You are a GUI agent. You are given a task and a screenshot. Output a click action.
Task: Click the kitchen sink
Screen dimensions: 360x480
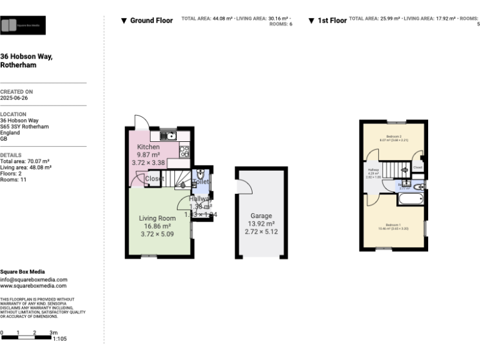169,135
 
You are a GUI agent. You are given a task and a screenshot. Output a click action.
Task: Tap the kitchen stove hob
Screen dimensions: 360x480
184,150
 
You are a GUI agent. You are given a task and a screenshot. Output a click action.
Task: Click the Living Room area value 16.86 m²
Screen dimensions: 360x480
157,226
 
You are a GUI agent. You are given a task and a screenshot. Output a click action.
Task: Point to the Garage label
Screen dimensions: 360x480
261,216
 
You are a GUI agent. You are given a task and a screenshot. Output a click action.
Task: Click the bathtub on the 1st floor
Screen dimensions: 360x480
411,199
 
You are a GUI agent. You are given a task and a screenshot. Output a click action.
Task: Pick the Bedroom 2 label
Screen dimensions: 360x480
393,136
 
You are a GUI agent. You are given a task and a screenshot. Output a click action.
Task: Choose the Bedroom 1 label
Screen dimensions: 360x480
392,224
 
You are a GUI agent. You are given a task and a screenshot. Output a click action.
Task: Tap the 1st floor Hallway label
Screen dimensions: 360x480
374,170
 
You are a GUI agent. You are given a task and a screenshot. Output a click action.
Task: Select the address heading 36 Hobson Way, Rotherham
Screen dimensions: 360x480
26,61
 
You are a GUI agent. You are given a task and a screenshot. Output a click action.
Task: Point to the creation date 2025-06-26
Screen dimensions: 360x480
14,98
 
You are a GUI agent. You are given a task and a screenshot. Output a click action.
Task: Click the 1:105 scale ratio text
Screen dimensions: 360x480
60,338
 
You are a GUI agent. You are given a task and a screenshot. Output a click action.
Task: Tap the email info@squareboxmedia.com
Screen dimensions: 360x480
34,279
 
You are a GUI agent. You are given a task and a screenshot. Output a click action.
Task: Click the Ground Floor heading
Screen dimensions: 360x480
151,21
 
